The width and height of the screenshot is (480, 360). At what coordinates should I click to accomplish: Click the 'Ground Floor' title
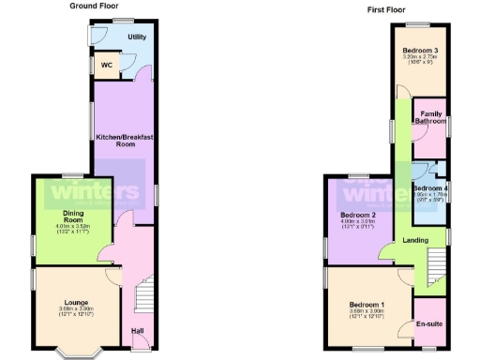[96, 6]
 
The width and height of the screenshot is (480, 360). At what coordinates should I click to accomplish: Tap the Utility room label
[137, 37]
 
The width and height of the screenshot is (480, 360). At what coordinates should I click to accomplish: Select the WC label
[106, 66]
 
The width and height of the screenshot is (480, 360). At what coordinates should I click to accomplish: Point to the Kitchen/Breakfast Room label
[125, 141]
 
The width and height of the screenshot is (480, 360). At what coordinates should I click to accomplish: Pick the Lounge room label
[76, 302]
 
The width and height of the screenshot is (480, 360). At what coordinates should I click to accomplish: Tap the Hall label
[137, 330]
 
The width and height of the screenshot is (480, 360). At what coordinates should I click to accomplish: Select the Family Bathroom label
[431, 118]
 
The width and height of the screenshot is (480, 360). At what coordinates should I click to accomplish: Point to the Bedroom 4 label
[431, 187]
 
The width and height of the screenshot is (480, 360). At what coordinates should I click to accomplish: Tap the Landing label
[415, 240]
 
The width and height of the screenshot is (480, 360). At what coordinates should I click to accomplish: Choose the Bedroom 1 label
[367, 304]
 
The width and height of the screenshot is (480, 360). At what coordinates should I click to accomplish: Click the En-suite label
[430, 324]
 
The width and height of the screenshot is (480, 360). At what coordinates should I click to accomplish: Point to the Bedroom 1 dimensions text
[367, 314]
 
